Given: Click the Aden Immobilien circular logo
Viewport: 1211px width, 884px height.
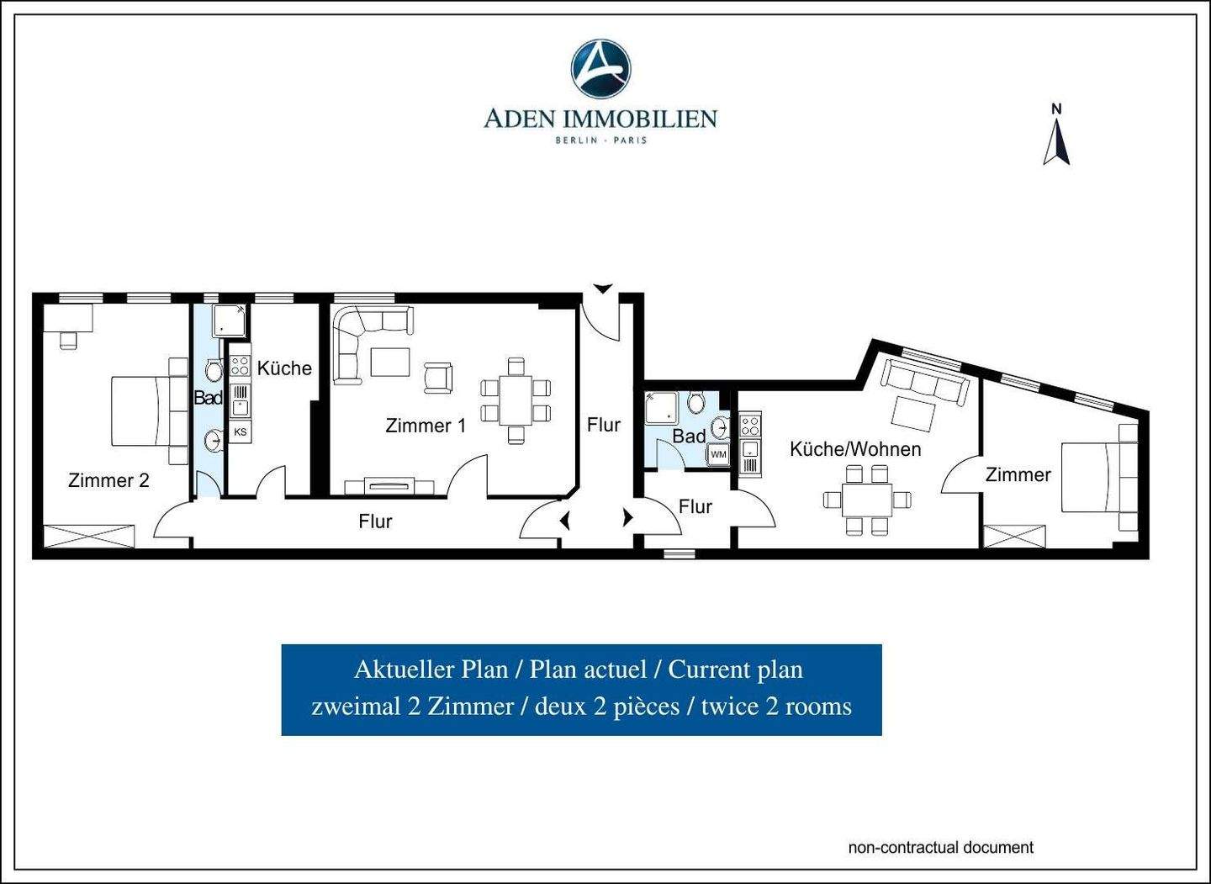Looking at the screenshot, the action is (x=600, y=69).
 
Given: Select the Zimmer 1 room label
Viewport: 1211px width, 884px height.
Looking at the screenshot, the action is (x=426, y=426).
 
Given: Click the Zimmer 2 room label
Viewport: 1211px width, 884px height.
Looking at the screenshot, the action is (x=108, y=480).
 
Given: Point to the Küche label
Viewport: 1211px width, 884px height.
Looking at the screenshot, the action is (x=284, y=368).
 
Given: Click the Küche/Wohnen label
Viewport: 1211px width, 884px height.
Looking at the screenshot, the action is (x=855, y=449).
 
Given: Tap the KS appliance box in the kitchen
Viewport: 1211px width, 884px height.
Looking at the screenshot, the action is (x=241, y=432).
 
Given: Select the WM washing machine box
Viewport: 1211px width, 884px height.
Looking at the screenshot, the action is (x=718, y=454).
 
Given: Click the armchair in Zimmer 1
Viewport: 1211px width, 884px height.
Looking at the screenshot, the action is (x=438, y=378).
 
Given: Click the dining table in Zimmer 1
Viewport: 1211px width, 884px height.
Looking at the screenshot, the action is (x=516, y=400).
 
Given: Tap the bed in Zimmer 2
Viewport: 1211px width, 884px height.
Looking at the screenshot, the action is (x=141, y=411).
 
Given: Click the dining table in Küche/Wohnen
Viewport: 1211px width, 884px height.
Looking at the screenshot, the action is (x=866, y=500).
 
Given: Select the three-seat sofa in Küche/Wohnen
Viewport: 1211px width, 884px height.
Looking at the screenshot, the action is (x=925, y=382).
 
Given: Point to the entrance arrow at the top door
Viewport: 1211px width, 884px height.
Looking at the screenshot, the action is (x=603, y=288).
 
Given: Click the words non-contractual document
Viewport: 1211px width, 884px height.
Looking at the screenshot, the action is (x=941, y=847).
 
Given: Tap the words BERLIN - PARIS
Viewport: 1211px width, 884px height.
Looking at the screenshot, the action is (x=600, y=140).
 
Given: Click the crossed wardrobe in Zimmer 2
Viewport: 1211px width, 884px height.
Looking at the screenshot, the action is (x=89, y=536).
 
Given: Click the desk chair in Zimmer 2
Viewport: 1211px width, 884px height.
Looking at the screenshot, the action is (x=68, y=340).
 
